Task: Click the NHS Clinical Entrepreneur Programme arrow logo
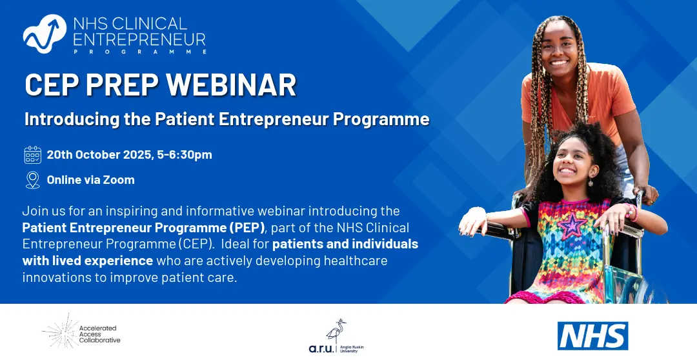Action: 45,34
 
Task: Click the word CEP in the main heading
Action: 52,85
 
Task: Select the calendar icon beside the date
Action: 32,155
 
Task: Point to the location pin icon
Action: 32,180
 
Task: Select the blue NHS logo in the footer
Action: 592,335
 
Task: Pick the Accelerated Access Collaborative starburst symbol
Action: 60,331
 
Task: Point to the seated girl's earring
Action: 591,182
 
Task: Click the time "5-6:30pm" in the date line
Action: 185,155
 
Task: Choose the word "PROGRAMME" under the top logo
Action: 139,52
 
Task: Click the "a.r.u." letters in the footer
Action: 321,348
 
